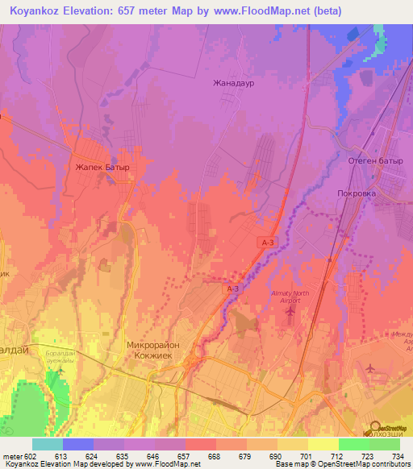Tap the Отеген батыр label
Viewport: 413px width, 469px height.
click(375, 162)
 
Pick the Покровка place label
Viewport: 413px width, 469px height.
click(359, 194)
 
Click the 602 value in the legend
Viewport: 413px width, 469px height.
click(31, 456)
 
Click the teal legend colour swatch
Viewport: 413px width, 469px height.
click(48, 444)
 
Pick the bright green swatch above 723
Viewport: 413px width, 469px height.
click(354, 444)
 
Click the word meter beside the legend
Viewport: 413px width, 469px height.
click(10, 456)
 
